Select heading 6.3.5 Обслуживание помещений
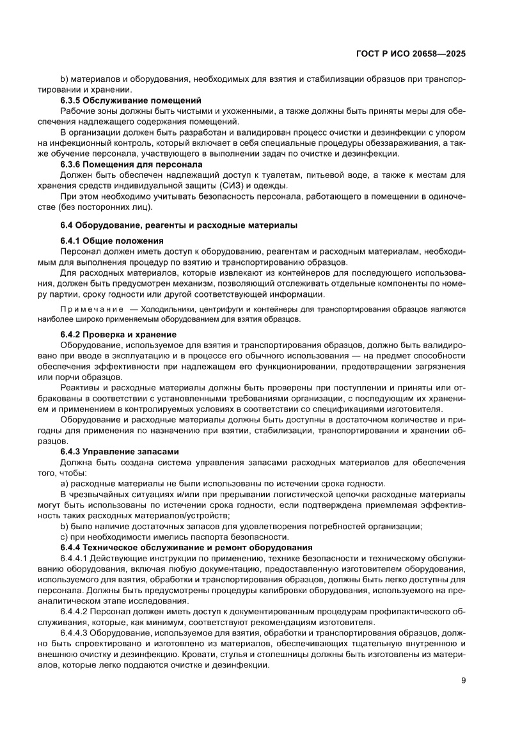130,100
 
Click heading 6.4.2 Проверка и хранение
118,335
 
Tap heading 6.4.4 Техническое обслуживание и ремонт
186,547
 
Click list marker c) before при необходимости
64,537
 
